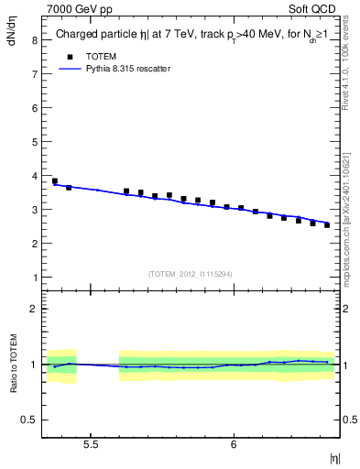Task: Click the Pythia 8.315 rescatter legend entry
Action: point(126,69)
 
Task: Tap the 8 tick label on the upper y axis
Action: point(34,40)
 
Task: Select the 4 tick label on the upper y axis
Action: point(34,176)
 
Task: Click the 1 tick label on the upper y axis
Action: point(34,278)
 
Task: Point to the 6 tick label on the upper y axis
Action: point(34,108)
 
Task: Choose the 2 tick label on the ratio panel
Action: point(34,309)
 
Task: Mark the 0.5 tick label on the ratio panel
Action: point(30,420)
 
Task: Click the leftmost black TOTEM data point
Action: point(55,181)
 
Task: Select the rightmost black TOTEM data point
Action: point(327,224)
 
